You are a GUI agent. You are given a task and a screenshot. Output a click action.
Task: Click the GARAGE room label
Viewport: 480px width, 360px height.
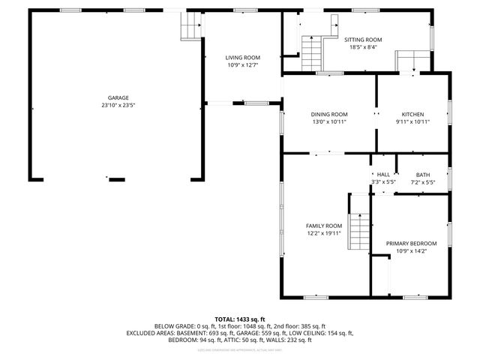[x=118, y=97]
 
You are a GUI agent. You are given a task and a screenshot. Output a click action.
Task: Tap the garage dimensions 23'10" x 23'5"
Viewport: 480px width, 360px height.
[x=118, y=105]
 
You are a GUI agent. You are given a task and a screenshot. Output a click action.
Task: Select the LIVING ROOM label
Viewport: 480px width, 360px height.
[x=243, y=58]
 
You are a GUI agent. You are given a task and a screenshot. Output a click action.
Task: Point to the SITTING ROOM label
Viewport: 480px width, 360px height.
[x=363, y=40]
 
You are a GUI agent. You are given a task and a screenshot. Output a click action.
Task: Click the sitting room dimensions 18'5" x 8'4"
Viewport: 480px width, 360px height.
[x=363, y=47]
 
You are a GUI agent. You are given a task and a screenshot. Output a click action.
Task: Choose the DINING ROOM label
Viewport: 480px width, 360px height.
[x=329, y=114]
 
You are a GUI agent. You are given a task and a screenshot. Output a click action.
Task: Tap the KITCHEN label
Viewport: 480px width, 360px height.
[x=412, y=114]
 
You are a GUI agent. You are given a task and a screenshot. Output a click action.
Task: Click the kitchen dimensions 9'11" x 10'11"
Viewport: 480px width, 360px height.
[x=412, y=121]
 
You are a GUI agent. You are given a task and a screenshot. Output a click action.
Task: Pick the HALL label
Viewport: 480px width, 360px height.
[x=383, y=174]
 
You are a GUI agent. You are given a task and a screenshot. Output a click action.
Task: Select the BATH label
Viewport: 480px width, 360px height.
[x=423, y=174]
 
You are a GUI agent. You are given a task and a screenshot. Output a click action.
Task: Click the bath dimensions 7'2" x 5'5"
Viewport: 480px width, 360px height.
[x=423, y=181]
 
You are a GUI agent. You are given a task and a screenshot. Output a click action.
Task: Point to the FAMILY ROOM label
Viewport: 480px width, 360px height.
[x=323, y=226]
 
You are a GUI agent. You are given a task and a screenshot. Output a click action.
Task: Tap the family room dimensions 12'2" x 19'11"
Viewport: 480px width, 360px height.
[x=323, y=233]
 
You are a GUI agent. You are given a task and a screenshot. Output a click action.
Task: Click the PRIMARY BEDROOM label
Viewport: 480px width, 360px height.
[x=411, y=244]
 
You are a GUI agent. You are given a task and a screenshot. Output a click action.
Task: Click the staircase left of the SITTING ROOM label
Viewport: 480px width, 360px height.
[x=310, y=52]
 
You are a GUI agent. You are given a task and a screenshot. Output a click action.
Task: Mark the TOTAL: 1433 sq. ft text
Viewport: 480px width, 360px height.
[x=240, y=319]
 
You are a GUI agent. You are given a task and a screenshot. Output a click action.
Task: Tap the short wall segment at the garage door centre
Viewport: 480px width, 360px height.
[x=116, y=179]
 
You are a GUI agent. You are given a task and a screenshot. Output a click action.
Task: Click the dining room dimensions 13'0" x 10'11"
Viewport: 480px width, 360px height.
[x=329, y=121]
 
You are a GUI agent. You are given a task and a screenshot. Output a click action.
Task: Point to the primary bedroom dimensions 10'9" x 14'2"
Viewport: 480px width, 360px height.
[x=411, y=251]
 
